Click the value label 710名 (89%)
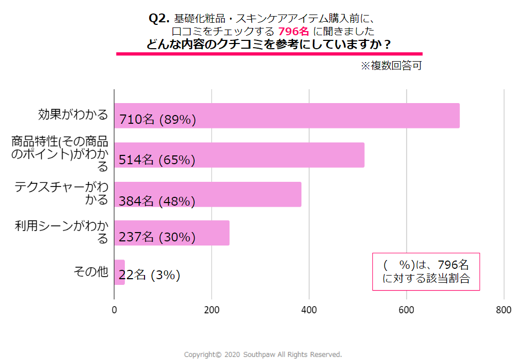coord(157,120)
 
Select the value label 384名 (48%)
coord(157,201)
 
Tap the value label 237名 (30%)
coord(157,237)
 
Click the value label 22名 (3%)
coord(150,276)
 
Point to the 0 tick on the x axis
coord(114,310)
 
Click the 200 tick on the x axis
coord(211,310)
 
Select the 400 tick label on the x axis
coord(309,310)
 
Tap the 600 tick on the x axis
coord(407,310)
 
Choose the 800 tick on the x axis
coord(503,310)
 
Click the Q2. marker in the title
coord(159,18)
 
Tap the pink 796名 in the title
coord(294,31)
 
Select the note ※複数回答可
coord(391,66)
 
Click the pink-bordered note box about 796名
coord(426,271)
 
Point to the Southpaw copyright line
coord(263,355)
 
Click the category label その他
coord(91,272)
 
